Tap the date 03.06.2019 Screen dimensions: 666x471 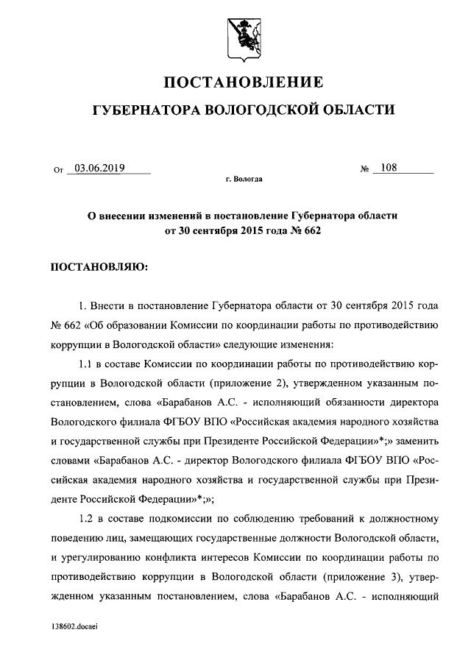point(99,168)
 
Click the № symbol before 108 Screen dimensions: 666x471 point(364,170)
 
